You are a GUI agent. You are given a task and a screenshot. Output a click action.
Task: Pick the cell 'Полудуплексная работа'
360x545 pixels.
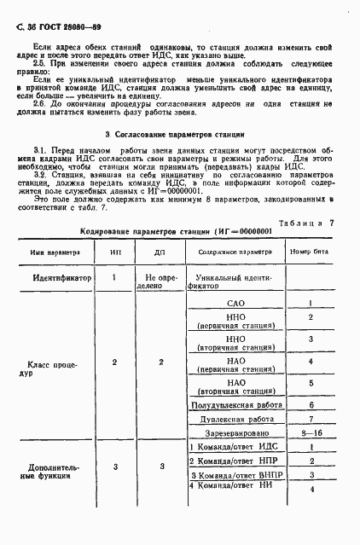[x=234, y=404]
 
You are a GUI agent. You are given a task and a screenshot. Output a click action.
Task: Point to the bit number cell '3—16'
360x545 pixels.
[x=312, y=434]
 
